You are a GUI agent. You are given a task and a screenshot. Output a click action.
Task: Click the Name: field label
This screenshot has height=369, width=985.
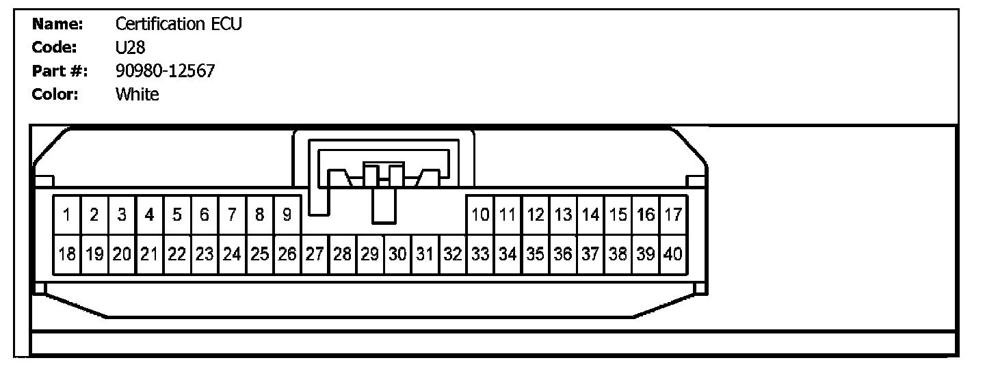[57, 25]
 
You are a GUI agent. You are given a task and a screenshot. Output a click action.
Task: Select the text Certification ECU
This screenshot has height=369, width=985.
[179, 25]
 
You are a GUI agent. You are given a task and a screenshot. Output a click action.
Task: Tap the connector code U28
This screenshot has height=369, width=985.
[129, 48]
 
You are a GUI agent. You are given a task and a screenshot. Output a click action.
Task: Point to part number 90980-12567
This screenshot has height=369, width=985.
[165, 71]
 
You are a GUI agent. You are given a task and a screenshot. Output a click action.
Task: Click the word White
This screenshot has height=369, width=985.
[137, 94]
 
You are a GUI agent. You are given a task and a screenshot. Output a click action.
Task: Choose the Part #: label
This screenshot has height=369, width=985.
[60, 71]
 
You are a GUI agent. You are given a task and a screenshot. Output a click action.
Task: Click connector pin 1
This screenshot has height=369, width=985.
[67, 215]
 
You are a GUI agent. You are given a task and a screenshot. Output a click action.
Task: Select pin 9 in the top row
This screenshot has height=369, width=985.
[287, 215]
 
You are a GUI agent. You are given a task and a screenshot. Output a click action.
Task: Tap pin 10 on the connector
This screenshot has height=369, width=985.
[480, 215]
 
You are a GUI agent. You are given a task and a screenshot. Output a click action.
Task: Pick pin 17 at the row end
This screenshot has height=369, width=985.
[673, 215]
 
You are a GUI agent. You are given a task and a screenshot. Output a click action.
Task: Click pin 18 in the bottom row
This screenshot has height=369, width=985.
[67, 254]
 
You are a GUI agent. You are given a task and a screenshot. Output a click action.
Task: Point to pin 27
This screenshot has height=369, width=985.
[315, 254]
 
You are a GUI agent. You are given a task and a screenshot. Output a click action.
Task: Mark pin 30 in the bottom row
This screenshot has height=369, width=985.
[397, 254]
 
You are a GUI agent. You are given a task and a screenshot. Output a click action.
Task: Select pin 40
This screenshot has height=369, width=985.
[673, 254]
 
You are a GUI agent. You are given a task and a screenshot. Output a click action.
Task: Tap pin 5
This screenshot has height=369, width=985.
[177, 215]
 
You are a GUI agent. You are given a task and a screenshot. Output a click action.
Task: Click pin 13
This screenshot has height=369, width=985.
[563, 215]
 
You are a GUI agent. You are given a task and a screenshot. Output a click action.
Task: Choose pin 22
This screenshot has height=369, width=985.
[177, 254]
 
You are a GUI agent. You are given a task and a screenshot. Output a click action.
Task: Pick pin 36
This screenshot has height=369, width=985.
[563, 254]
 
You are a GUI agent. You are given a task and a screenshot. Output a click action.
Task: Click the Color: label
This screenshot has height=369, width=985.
[56, 94]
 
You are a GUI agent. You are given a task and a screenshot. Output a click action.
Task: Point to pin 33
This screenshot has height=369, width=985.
[480, 254]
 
